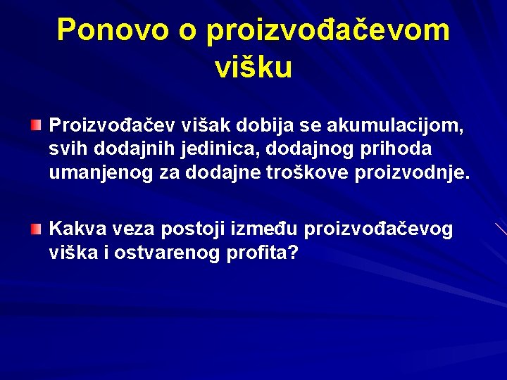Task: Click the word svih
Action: (x=65, y=149)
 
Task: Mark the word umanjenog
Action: (x=100, y=173)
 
